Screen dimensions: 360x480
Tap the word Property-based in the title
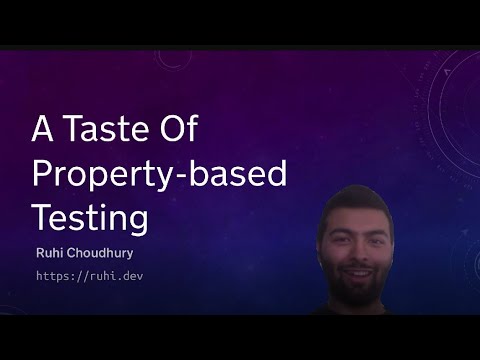tap(159, 173)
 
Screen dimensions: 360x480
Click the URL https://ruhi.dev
tap(90, 274)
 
